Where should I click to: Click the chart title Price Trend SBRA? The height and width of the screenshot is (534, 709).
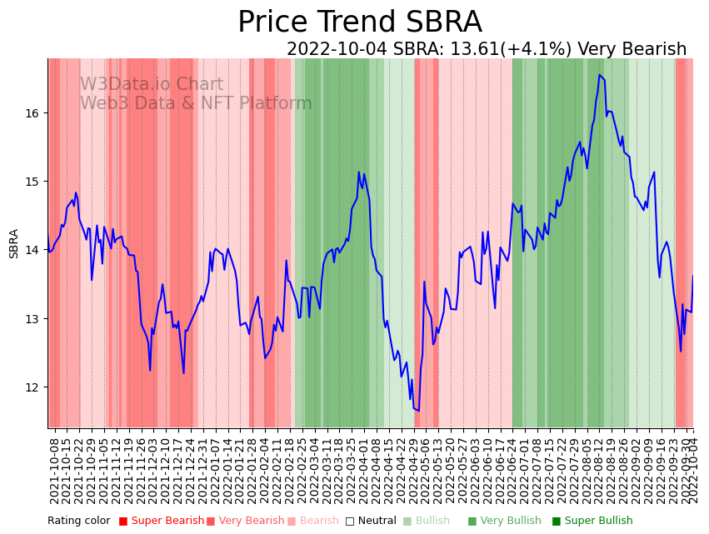pos(359,22)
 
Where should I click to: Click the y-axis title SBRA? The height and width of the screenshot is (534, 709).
pos(14,243)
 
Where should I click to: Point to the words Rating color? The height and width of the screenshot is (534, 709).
pos(78,522)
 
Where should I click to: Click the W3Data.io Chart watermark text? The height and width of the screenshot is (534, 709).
pos(152,85)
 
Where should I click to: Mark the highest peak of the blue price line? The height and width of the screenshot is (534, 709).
pos(599,75)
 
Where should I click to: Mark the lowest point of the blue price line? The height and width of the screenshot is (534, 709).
pos(418,410)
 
